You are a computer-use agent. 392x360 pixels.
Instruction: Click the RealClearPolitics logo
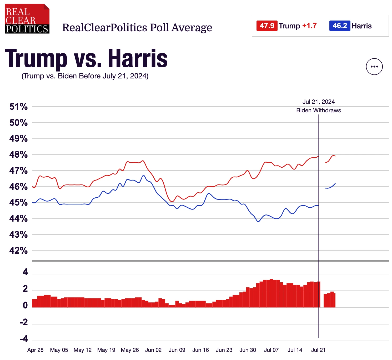tap(27, 19)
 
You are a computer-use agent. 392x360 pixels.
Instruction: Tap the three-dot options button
tap(374, 67)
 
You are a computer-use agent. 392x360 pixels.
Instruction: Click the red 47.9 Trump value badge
tap(267, 26)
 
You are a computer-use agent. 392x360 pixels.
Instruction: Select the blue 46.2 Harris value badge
tap(340, 26)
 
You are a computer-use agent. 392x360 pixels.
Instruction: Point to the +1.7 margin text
tap(309, 26)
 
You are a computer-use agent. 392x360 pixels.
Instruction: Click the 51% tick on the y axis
tap(18, 107)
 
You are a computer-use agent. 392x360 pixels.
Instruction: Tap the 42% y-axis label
tap(18, 251)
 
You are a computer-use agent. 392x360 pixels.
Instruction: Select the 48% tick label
tap(18, 154)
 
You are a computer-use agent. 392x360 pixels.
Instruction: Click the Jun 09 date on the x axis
tap(177, 350)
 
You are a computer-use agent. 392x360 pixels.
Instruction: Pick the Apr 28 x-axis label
tap(35, 350)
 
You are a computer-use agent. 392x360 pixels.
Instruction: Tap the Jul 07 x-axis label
tap(271, 350)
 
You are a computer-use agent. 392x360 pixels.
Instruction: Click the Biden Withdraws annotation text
tap(319, 111)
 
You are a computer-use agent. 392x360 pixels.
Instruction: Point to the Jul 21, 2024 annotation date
tap(319, 102)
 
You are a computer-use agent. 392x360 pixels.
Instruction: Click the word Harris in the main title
tap(138, 58)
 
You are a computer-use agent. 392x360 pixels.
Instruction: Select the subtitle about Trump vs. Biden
tap(85, 76)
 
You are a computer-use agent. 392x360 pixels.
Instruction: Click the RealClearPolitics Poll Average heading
tap(137, 28)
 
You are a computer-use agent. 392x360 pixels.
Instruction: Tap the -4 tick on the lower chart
tap(24, 338)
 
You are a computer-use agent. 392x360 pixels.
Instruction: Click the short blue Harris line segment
tap(330, 187)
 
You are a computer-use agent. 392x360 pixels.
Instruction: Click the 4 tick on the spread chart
tap(25, 272)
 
